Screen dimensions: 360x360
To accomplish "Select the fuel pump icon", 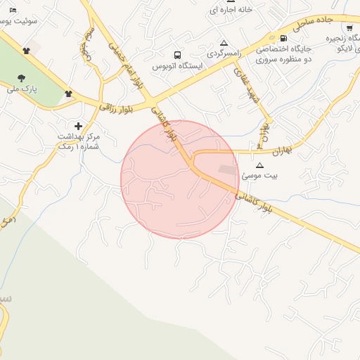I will (x=283, y=38).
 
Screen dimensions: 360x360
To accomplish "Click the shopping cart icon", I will (x=349, y=27).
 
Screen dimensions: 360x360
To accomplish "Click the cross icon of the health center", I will (x=78, y=125).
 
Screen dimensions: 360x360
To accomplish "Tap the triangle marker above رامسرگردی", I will (x=224, y=43).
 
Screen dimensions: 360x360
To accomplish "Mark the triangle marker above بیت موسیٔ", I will (x=259, y=165).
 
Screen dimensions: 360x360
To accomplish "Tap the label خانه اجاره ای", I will (x=234, y=10).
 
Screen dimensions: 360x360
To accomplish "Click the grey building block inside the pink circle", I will (x=227, y=169).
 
